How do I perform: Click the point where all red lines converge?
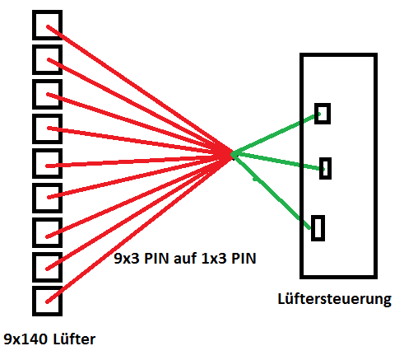(x=230, y=153)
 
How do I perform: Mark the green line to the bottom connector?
(x=272, y=191)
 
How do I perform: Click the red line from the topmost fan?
(x=138, y=90)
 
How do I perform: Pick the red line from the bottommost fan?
(x=138, y=228)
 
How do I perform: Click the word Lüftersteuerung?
(x=334, y=299)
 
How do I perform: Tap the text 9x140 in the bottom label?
(x=26, y=339)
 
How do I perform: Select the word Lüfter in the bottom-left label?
(x=74, y=339)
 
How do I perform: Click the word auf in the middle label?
(x=185, y=259)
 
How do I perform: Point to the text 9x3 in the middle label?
(x=127, y=259)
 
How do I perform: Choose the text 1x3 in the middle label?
(x=214, y=259)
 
